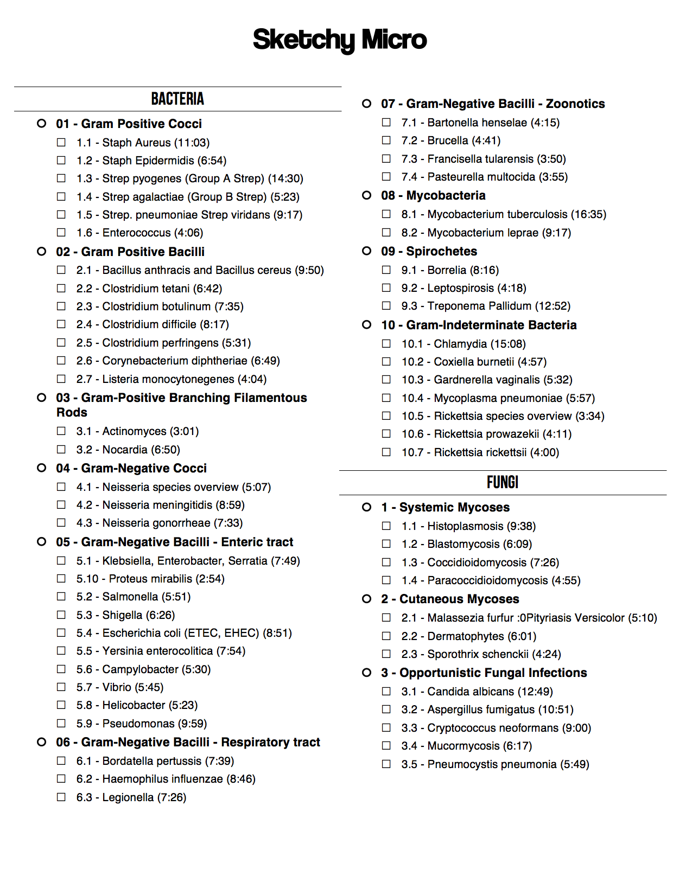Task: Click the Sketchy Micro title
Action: click(340, 40)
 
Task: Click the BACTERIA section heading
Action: click(177, 99)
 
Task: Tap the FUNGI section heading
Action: click(503, 482)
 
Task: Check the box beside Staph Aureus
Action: click(61, 142)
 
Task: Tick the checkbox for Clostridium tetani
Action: click(61, 288)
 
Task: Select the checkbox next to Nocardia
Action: click(61, 449)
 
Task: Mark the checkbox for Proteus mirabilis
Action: click(61, 578)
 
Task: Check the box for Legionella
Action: click(61, 797)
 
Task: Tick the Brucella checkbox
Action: click(386, 140)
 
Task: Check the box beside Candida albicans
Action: click(386, 691)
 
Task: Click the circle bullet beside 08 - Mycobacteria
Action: click(367, 195)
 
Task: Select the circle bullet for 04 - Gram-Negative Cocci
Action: click(42, 468)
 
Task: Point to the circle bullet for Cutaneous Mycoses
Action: click(367, 598)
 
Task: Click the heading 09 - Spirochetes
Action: click(429, 251)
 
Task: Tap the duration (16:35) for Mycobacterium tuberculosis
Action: click(588, 214)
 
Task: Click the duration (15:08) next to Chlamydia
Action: click(508, 344)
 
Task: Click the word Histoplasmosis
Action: click(465, 526)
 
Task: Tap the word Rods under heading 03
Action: click(72, 412)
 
